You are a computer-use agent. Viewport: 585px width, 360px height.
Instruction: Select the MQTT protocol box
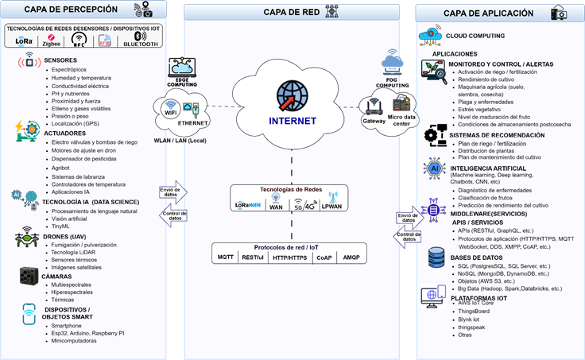[x=226, y=257]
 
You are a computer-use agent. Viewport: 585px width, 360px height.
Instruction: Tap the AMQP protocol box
[x=351, y=257]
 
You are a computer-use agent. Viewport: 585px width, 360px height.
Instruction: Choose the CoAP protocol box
[x=324, y=257]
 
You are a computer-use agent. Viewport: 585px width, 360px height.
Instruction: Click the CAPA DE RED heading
[x=291, y=12]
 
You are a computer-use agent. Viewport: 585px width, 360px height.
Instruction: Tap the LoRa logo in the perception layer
[x=24, y=40]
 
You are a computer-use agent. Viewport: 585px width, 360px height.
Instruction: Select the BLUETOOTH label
[x=141, y=44]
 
